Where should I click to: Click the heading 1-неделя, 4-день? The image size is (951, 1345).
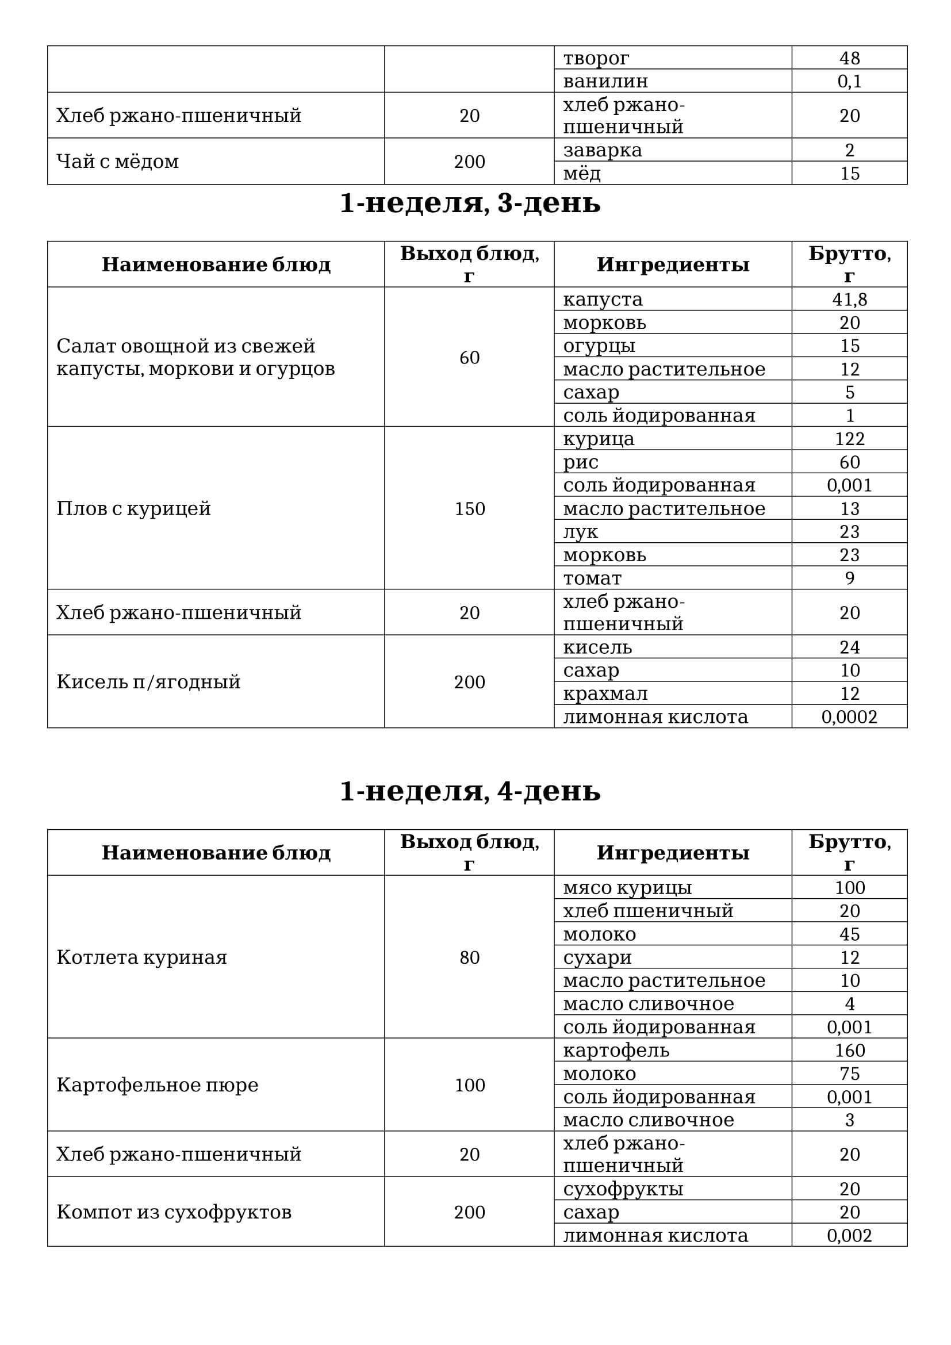470,791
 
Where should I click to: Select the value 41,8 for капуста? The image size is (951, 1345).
849,300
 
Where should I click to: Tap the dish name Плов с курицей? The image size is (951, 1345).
133,508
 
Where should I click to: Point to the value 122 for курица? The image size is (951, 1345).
849,439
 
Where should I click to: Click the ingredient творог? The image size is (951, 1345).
596,58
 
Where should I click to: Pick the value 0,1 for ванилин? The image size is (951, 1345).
849,81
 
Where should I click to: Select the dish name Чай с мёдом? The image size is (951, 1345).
118,162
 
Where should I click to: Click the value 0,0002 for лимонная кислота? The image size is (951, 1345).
849,717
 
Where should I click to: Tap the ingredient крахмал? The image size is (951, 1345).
605,693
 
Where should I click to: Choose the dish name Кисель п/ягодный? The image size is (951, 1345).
148,682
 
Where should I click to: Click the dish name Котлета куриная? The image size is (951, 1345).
141,957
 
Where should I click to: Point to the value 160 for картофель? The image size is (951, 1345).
849,1051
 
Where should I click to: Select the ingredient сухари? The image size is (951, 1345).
597,957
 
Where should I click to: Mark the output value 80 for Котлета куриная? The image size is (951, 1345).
470,957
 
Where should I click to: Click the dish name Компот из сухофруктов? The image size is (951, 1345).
174,1212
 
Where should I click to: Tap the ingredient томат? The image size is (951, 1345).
593,578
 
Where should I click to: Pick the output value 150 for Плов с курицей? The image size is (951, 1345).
470,508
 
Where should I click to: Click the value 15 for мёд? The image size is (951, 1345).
849,174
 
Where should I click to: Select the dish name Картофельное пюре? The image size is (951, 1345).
158,1085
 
